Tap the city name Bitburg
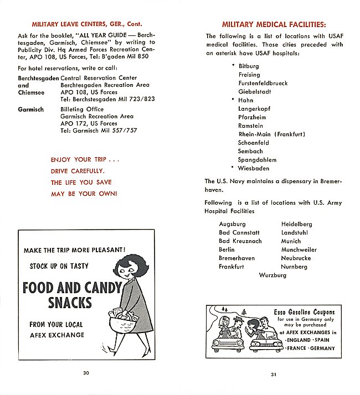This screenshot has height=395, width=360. (249, 66)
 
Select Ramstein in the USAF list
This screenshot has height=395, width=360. (250, 126)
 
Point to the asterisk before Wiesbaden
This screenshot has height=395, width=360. (233, 168)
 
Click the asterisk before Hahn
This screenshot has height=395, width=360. (233, 100)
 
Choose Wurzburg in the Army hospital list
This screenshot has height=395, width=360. (272, 275)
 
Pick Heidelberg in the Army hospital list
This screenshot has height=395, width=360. (296, 224)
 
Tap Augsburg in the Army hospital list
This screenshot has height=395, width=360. (232, 224)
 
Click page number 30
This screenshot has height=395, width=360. (86, 372)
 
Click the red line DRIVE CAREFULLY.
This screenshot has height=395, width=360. (77, 171)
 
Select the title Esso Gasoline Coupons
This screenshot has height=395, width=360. (304, 312)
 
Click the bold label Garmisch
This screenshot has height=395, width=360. (31, 110)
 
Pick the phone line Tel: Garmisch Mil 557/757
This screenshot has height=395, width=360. (99, 131)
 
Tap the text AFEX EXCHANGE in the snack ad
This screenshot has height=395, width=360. (57, 335)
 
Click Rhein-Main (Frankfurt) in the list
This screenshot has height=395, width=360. (271, 134)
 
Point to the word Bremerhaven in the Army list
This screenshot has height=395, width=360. (236, 258)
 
